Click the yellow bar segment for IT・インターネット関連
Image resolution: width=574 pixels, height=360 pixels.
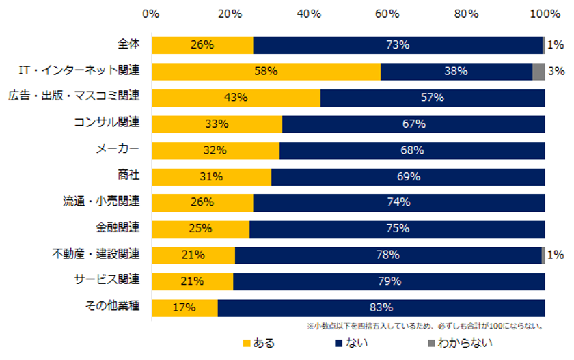pyautogui.click(x=266, y=71)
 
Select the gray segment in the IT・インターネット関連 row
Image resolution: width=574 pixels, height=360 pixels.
pyautogui.click(x=538, y=71)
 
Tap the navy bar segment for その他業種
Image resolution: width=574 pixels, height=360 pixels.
pyautogui.click(x=381, y=307)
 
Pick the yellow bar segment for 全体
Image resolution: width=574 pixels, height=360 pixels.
pyautogui.click(x=202, y=45)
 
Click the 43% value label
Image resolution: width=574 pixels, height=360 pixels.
pyautogui.click(x=235, y=98)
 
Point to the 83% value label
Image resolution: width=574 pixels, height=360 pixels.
pyautogui.click(x=381, y=307)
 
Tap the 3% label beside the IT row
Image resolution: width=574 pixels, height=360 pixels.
pyautogui.click(x=555, y=71)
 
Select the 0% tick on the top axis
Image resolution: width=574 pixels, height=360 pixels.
pyautogui.click(x=151, y=14)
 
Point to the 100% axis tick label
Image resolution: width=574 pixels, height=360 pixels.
pyautogui.click(x=545, y=14)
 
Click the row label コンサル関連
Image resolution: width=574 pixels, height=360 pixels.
pyautogui.click(x=107, y=123)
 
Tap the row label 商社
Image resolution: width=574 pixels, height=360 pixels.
pyautogui.click(x=128, y=176)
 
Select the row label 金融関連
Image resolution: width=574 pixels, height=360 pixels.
pyautogui.click(x=118, y=227)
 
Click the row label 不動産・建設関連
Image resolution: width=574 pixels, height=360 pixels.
pyautogui.click(x=96, y=254)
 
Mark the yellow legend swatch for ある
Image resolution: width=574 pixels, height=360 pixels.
pyautogui.click(x=247, y=343)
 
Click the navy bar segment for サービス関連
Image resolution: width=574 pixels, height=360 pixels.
pyautogui.click(x=389, y=281)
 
